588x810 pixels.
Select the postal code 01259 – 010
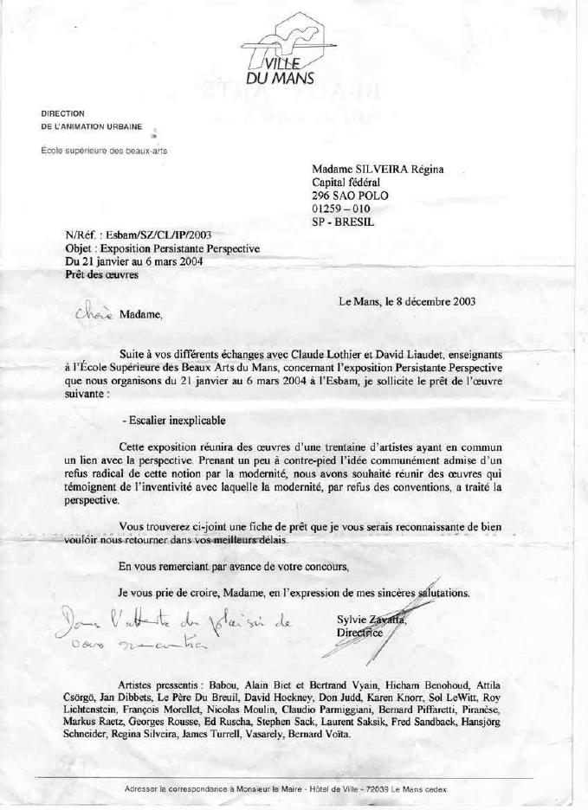(x=340, y=209)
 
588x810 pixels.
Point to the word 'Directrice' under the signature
(x=361, y=633)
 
